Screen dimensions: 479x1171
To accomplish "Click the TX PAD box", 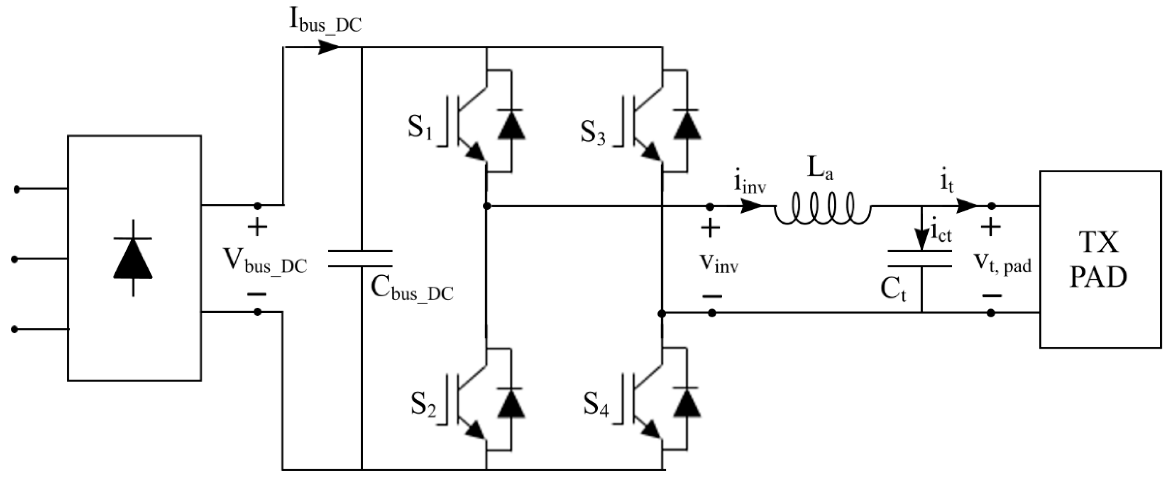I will point(1100,260).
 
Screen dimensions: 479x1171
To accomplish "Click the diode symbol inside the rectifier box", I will point(133,258).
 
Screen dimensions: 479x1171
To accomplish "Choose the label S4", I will point(595,405).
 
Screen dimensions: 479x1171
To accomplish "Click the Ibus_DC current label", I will point(326,21).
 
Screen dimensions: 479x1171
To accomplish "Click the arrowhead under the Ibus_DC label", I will point(328,47).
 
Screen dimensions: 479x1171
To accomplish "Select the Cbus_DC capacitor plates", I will point(360,258).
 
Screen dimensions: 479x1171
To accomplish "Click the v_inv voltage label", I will point(719,263).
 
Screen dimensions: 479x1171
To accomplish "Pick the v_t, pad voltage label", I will point(1003,263).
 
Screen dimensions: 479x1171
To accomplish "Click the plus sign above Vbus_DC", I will point(257,227).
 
